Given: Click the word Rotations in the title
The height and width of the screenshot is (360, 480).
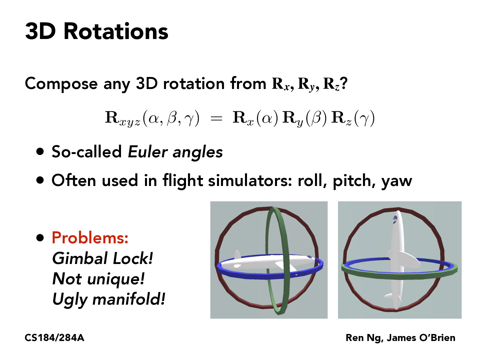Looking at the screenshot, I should point(116,31).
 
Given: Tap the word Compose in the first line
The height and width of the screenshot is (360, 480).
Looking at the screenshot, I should point(61,84).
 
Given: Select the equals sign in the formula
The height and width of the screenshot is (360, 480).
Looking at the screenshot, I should point(216,118).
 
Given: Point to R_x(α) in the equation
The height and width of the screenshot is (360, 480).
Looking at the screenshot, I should point(255,118).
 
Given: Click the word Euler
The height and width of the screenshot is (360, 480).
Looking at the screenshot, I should point(148,152).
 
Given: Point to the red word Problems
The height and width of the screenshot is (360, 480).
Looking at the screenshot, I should point(90,238).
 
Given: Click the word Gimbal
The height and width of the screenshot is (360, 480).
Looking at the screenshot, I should point(80,258).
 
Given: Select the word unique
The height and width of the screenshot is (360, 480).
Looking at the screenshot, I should point(115,279).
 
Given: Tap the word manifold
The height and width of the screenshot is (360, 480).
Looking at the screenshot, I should point(128,299).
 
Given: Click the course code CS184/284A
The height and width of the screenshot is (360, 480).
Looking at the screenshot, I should point(55,338).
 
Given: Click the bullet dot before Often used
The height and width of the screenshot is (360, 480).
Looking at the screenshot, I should point(40,181).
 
